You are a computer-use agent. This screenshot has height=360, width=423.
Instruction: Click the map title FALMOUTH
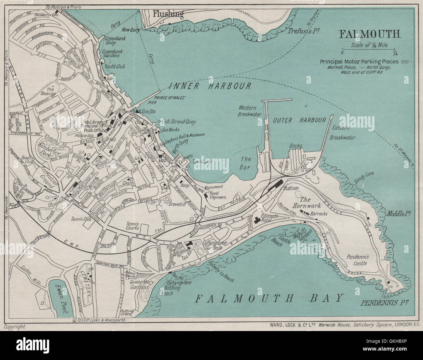click(370, 34)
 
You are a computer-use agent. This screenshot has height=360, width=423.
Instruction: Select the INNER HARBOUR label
click(210, 86)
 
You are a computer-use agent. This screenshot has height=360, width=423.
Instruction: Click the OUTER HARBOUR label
click(299, 120)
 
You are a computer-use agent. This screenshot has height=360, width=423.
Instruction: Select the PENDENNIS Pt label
click(385, 303)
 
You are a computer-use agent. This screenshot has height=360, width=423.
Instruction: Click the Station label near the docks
click(291, 188)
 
